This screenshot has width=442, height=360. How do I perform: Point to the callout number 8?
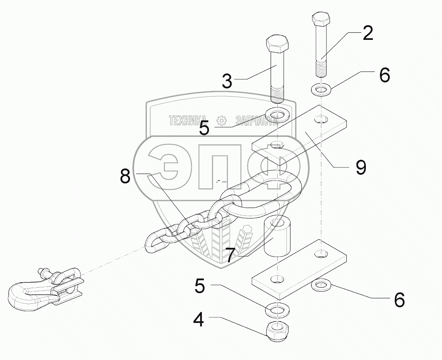tap(125, 177)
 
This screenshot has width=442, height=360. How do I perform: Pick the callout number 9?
tap(360, 167)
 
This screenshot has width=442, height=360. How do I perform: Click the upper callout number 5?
tap(204, 128)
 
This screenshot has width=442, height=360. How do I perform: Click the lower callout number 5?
tap(199, 287)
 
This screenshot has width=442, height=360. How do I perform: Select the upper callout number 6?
tap(384, 75)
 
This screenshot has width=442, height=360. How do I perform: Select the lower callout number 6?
tap(399, 300)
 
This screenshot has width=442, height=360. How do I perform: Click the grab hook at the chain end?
tap(31, 294)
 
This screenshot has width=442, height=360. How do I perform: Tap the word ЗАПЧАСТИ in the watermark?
tap(256, 121)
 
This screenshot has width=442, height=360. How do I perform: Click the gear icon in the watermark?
tap(221, 121)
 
